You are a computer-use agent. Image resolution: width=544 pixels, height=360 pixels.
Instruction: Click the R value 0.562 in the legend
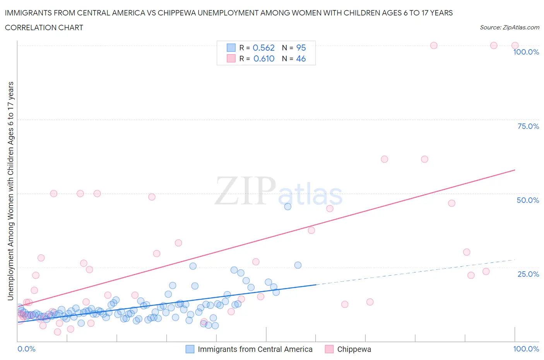(263, 48)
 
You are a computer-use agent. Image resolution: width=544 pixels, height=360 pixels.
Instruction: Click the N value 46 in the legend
(301, 58)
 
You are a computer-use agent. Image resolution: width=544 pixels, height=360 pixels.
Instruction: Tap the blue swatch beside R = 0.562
(231, 48)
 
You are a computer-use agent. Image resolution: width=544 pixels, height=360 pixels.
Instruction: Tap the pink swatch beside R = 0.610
(231, 58)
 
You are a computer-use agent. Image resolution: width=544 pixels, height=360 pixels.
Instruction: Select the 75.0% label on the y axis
(528, 126)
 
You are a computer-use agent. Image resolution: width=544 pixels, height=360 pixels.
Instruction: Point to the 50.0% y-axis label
(528, 200)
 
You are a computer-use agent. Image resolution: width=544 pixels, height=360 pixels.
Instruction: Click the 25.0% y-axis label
(528, 274)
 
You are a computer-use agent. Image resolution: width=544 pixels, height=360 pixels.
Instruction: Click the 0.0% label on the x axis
(26, 349)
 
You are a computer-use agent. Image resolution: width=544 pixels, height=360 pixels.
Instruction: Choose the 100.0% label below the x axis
(526, 349)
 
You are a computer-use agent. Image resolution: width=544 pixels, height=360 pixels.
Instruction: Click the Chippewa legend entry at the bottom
(354, 349)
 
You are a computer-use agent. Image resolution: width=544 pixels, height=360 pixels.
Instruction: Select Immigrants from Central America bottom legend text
(255, 349)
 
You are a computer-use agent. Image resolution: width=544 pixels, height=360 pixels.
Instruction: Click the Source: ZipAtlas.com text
(509, 27)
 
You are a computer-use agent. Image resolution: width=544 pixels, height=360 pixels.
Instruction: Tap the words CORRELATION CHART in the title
(44, 27)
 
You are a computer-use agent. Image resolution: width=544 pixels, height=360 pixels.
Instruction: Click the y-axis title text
(10, 191)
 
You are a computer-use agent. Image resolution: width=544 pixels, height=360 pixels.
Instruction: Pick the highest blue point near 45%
(287, 206)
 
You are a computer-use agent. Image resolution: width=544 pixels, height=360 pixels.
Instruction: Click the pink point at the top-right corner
(515, 46)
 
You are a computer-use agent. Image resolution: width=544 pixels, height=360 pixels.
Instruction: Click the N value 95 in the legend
(301, 48)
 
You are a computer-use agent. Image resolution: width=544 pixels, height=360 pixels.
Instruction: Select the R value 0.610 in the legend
(263, 58)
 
